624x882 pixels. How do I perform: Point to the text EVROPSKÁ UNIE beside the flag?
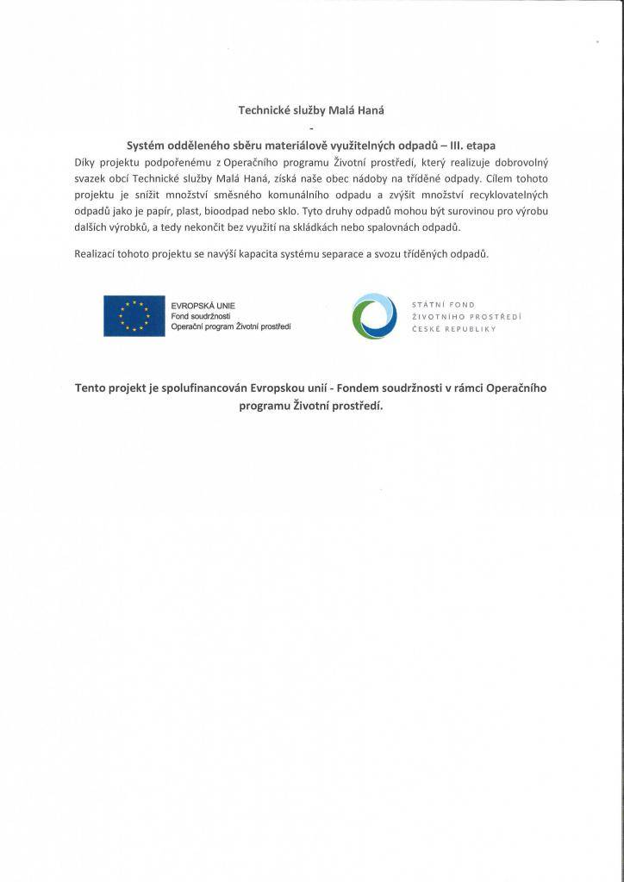tap(203, 306)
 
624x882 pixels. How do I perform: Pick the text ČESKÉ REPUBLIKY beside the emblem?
tap(454, 328)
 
